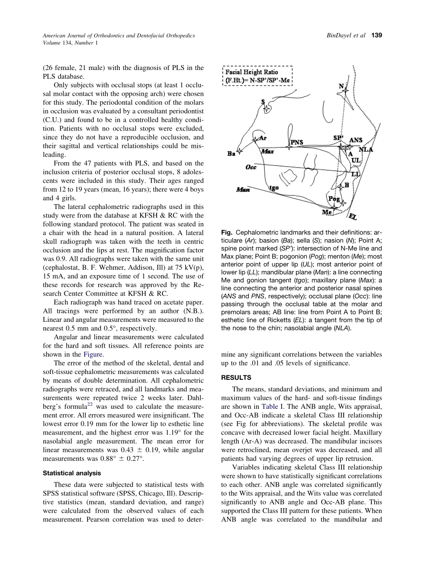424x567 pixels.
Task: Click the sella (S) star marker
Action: click(x=266, y=108)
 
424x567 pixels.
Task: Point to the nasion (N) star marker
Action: click(x=345, y=90)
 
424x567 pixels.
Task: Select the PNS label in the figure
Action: click(x=297, y=143)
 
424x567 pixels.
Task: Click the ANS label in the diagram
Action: click(x=356, y=140)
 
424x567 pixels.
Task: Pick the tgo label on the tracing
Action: click(x=274, y=188)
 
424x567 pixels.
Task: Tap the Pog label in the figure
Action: click(x=334, y=198)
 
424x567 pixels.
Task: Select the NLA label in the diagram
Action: click(x=366, y=150)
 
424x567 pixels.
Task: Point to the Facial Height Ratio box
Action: click(x=257, y=76)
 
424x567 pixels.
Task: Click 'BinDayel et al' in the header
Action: click(x=345, y=35)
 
